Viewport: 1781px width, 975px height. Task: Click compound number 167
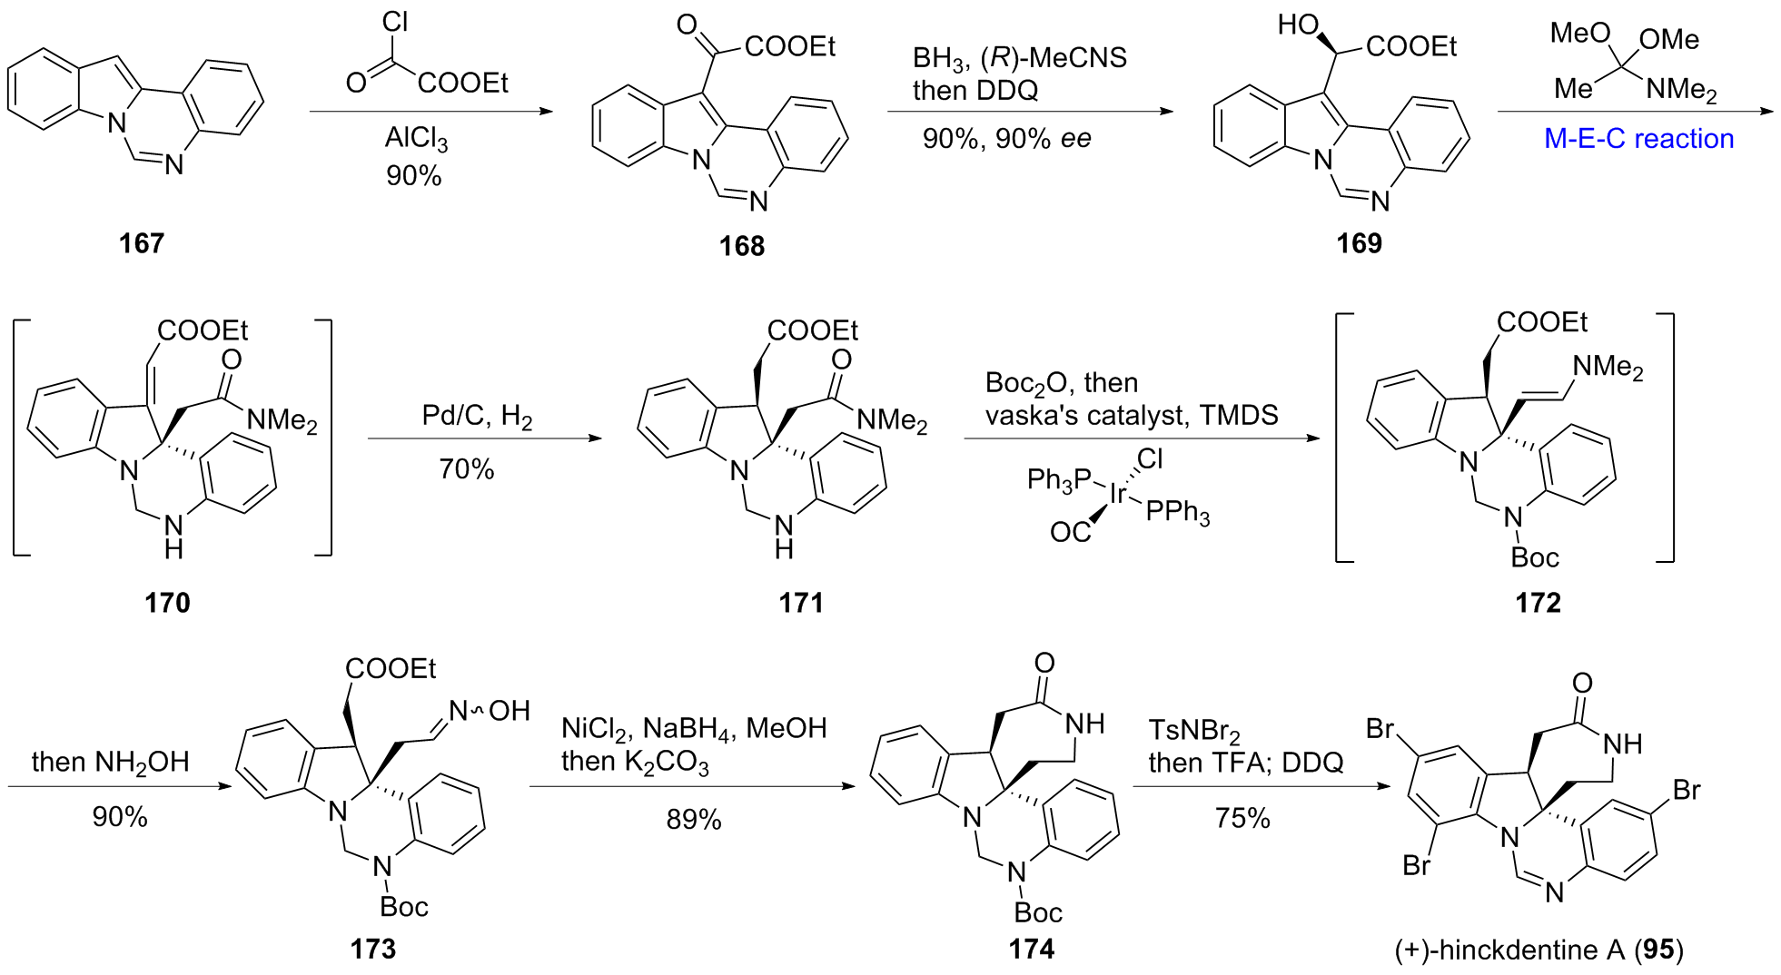(141, 243)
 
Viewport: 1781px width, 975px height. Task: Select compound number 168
(741, 246)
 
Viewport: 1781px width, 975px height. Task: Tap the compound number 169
(1359, 243)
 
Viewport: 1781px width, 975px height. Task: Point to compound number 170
(167, 603)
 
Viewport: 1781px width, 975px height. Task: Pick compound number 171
(801, 603)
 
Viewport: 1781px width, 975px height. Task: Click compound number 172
(1538, 603)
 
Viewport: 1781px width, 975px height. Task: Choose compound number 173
(372, 950)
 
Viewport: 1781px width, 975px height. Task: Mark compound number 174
(1031, 950)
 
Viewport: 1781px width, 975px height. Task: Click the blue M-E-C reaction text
(1638, 139)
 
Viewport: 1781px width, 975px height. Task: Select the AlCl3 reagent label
(416, 138)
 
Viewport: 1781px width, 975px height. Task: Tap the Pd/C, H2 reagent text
(477, 416)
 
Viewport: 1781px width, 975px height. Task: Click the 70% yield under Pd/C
(466, 469)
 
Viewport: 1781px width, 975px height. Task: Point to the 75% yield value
(1242, 819)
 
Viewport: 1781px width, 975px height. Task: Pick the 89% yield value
(693, 820)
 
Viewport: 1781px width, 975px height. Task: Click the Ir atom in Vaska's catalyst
(1118, 493)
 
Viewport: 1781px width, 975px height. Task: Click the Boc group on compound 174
(1037, 912)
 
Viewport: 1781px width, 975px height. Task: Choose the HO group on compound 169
(1297, 25)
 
